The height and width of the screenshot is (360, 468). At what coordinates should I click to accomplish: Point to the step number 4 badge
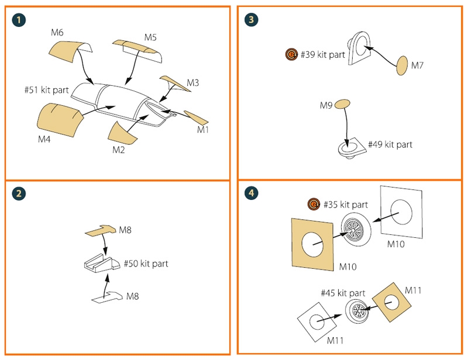252,194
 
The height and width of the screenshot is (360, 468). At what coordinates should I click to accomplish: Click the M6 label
57,33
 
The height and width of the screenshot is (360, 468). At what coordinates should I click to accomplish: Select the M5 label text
150,37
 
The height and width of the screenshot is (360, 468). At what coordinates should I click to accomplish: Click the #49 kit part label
390,144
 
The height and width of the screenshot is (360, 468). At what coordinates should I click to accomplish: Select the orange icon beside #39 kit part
291,55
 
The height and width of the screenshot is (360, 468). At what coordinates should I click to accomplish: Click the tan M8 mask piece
101,231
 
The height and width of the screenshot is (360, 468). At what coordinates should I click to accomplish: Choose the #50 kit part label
146,264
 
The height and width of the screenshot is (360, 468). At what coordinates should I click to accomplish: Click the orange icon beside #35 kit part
314,205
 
